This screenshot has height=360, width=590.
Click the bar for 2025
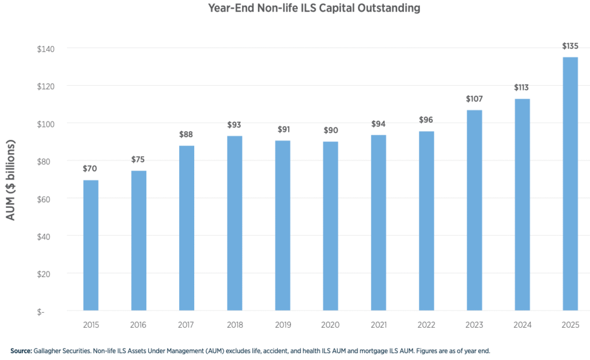pos(570,184)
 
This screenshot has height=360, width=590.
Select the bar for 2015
pos(91,245)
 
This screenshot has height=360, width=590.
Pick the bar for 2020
pos(330,226)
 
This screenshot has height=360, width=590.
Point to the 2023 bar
pos(474,210)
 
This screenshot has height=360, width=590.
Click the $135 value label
pos(570,46)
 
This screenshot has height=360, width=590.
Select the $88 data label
pos(187,134)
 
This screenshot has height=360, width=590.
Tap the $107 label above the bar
pos(474,98)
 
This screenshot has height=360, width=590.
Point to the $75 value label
pos(139,160)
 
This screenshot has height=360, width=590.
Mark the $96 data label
pos(426,120)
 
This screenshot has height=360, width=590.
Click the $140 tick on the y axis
pos(46,48)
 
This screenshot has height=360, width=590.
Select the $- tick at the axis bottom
pos(50,312)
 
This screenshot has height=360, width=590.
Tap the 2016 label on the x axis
pos(139,325)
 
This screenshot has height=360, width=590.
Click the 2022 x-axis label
pos(426,325)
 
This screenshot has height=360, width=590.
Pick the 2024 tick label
pos(522,325)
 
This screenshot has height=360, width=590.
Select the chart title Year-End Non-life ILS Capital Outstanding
pos(314,9)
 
